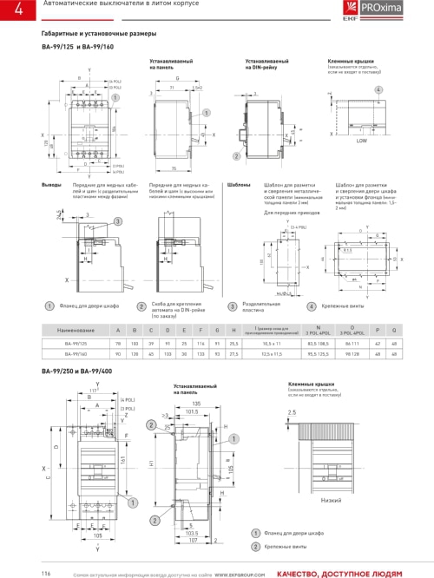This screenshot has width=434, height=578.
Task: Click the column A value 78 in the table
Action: [118, 345]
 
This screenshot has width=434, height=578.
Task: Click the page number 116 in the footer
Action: [46, 572]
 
